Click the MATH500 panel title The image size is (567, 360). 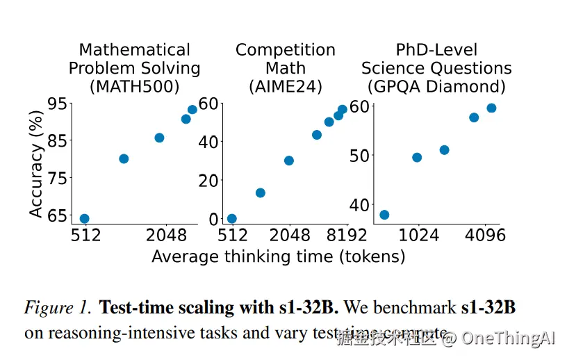134,69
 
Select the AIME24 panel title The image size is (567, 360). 285,69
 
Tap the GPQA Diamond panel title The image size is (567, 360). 436,69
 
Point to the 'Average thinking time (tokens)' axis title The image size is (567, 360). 278,256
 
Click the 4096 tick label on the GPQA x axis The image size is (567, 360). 485,236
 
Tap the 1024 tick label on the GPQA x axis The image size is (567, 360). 419,236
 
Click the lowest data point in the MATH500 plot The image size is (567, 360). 84,219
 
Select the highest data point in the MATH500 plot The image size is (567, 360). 192,110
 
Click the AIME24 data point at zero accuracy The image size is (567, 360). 232,219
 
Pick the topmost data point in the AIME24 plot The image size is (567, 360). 343,110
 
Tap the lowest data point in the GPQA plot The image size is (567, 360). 384,215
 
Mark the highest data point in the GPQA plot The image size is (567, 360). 491,108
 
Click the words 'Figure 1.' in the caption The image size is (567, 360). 58,307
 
